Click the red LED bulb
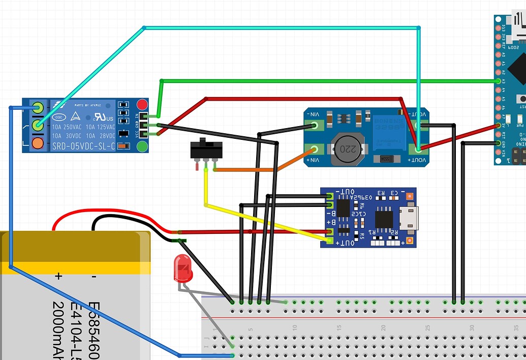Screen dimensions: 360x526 click(x=183, y=268)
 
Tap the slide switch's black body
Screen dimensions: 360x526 click(x=206, y=149)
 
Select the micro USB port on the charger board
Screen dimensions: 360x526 click(x=409, y=218)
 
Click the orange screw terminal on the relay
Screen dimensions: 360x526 click(x=37, y=143)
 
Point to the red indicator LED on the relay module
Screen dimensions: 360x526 click(x=142, y=105)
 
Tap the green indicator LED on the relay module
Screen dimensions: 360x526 click(x=142, y=147)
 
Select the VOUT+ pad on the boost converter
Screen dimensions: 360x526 click(x=419, y=149)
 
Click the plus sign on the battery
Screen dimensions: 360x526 click(x=58, y=277)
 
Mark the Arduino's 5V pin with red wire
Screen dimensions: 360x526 click(x=499, y=126)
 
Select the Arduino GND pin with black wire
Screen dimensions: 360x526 click(x=499, y=143)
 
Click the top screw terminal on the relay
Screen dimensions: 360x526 click(x=37, y=107)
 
